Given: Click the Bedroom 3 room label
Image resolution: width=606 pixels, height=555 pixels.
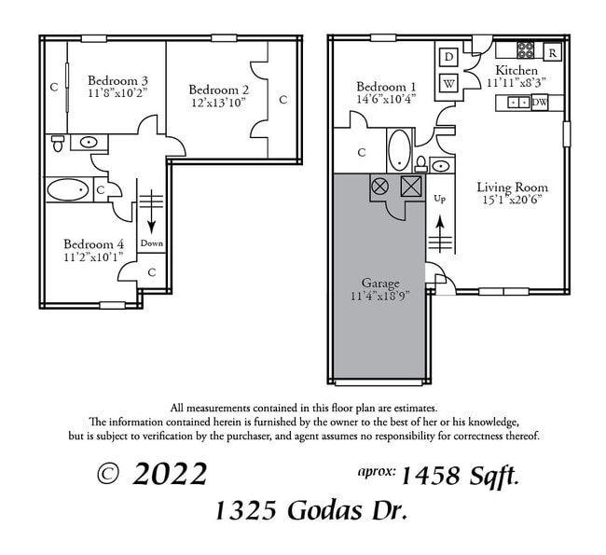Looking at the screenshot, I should (x=118, y=80).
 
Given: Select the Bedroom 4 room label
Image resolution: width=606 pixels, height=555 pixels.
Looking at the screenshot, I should (x=93, y=244).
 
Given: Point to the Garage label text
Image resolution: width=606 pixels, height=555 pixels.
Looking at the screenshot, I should (x=380, y=283).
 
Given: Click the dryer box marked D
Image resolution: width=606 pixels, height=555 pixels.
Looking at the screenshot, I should (x=448, y=58).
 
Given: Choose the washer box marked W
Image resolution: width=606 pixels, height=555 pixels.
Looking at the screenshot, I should (x=448, y=82).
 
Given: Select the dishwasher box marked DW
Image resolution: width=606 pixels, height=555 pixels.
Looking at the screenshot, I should (x=540, y=103).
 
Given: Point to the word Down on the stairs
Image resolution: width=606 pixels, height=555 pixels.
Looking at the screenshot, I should (x=152, y=243).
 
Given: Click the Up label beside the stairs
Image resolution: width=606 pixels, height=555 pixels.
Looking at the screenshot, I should (x=441, y=199).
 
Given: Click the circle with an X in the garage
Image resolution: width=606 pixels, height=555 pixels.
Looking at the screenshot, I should (x=380, y=186).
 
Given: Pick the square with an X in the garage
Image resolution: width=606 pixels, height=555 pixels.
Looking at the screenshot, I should (x=410, y=186).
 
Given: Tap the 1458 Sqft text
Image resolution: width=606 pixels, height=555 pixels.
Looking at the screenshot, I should (x=459, y=476).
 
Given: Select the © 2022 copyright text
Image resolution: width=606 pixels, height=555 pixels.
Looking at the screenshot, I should (x=152, y=474).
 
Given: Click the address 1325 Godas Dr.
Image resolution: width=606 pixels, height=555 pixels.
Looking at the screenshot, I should (x=310, y=511).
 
